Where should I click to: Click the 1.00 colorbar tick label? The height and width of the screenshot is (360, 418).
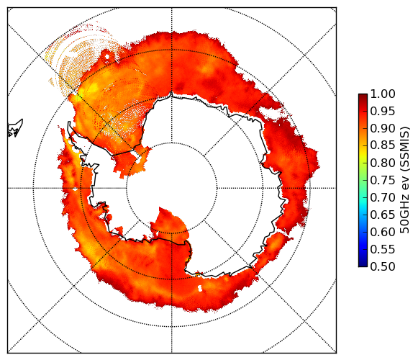pyautogui.click(x=383, y=94)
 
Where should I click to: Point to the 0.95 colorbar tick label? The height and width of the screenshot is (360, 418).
pyautogui.click(x=383, y=112)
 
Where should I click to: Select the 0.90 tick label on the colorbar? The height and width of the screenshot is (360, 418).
pyautogui.click(x=383, y=128)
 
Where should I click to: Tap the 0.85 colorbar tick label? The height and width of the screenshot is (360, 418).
pyautogui.click(x=383, y=145)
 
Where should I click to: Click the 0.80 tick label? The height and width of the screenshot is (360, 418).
pyautogui.click(x=383, y=163)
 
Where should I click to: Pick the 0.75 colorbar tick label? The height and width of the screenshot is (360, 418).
pyautogui.click(x=383, y=180)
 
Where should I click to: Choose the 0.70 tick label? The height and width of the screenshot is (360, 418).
pyautogui.click(x=383, y=197)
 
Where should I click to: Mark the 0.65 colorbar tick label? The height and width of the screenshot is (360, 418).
pyautogui.click(x=383, y=215)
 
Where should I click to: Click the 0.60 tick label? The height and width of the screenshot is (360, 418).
pyautogui.click(x=383, y=232)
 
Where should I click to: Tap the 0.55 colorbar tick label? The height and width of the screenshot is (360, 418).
pyautogui.click(x=383, y=249)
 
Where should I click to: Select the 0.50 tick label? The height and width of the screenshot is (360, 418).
pyautogui.click(x=383, y=266)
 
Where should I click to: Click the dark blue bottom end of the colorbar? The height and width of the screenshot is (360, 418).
pyautogui.click(x=363, y=264)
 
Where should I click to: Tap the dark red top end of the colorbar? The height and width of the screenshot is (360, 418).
pyautogui.click(x=363, y=96)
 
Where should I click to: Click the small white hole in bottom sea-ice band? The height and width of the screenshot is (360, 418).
pyautogui.click(x=200, y=288)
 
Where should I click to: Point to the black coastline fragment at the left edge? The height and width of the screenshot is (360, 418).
pyautogui.click(x=14, y=128)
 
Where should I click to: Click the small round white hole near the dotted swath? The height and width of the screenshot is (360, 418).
pyautogui.click(x=107, y=57)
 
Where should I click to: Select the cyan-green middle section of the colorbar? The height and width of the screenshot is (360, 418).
pyautogui.click(x=363, y=189)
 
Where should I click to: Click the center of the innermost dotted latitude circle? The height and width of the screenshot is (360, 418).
pyautogui.click(x=172, y=188)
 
